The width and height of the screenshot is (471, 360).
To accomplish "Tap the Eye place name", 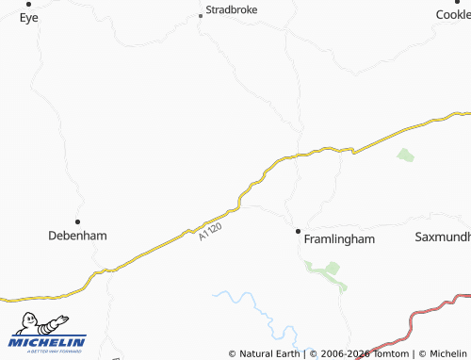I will pos(28,17).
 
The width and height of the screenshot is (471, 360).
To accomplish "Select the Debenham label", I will pos(77,236).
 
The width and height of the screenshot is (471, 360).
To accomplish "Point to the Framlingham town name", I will pos(339,239).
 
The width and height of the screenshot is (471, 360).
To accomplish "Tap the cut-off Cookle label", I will pos(452,15).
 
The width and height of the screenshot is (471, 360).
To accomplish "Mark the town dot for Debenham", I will pos(77,221).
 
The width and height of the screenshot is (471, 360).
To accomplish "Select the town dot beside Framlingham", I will pos(298,231).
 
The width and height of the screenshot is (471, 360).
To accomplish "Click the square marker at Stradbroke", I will pos(200,15).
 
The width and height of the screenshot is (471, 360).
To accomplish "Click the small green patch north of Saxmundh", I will pos(405,155).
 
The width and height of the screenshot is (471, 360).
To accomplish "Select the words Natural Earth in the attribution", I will pos(269,353).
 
